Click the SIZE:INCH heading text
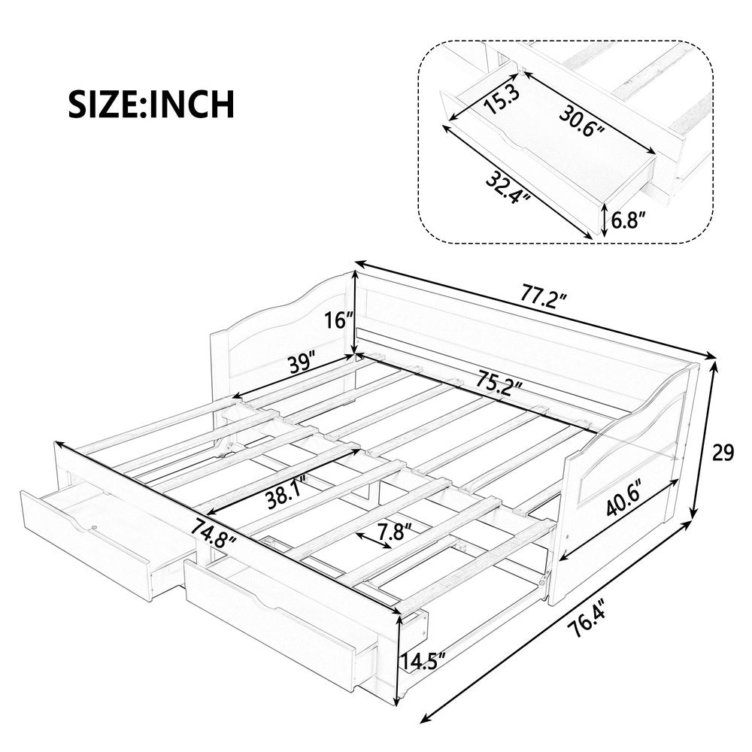[151, 103]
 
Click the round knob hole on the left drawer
[95, 526]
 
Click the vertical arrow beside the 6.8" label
[604, 219]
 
